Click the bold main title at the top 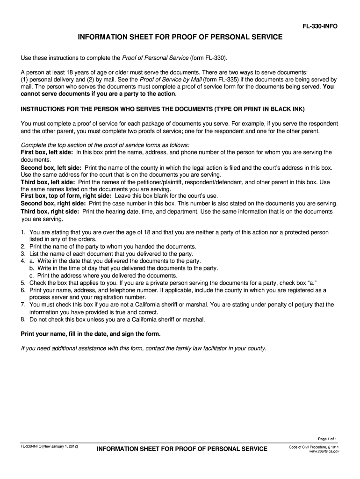180,36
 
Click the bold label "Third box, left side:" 48,181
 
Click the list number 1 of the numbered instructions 23,232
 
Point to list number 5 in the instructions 23,283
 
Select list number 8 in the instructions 23,319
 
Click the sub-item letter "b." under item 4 32,268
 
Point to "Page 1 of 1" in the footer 327,438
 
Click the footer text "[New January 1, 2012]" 60,447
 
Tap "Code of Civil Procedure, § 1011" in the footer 314,447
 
